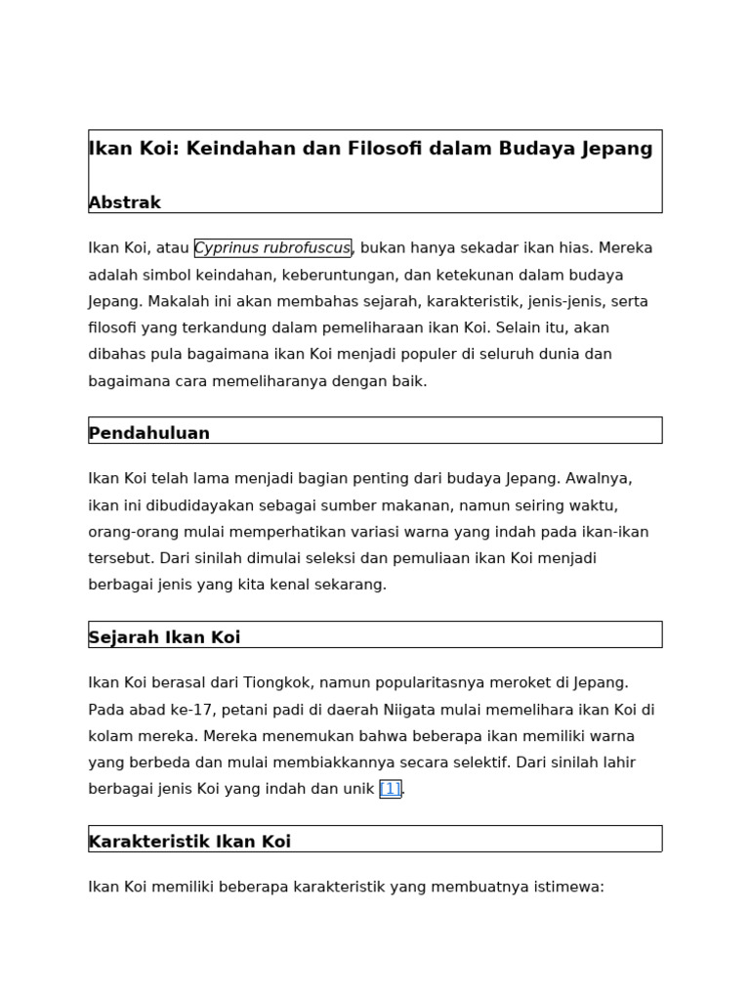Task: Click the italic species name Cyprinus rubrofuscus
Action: (272, 248)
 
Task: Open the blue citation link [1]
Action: (390, 789)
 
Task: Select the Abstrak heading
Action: (125, 202)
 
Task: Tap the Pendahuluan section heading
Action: (149, 433)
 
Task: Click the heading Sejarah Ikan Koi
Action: (164, 637)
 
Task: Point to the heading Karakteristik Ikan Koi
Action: (189, 842)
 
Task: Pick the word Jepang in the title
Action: (615, 149)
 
